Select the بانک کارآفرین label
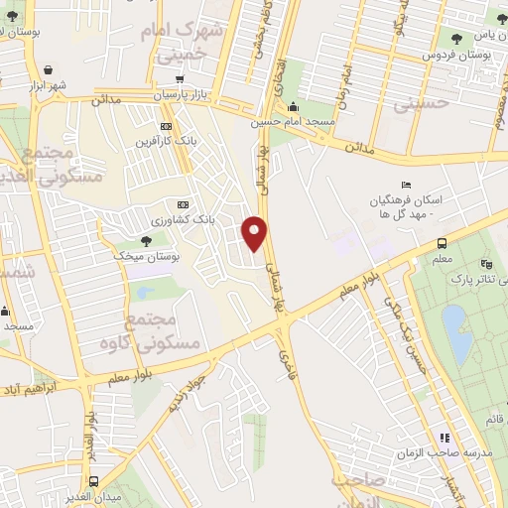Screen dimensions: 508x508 point(170,142)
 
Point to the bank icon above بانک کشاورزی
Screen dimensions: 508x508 point(180,201)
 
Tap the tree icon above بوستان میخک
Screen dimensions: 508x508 point(147,240)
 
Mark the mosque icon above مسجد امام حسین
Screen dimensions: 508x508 point(293,107)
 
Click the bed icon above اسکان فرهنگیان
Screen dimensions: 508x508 point(404,185)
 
